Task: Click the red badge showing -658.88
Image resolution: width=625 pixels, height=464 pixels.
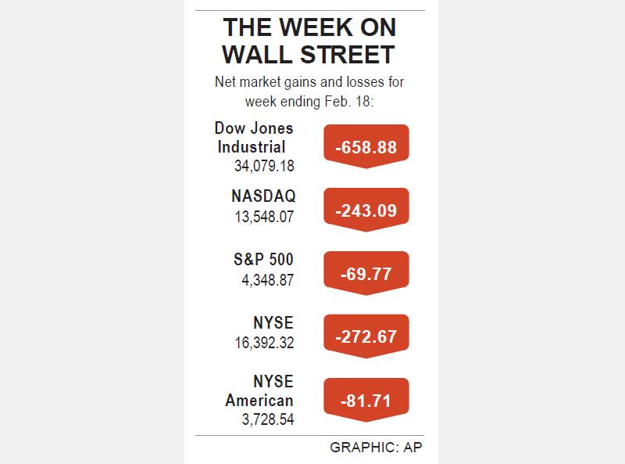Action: click(366, 147)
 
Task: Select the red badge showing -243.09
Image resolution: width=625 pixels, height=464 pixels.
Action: click(366, 210)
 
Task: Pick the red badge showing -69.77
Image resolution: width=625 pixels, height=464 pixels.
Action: click(366, 274)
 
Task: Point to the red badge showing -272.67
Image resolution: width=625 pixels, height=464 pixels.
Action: click(366, 337)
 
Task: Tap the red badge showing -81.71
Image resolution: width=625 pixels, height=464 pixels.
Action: click(366, 401)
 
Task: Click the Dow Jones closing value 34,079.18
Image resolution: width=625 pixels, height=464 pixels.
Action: click(264, 166)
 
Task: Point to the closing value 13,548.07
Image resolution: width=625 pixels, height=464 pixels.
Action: click(264, 218)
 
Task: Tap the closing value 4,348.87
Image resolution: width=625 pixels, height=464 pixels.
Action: click(268, 280)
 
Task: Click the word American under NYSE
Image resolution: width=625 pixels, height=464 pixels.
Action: click(259, 400)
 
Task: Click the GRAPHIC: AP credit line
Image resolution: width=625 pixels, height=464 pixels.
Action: click(376, 448)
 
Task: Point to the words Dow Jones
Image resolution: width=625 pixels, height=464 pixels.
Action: click(254, 128)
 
